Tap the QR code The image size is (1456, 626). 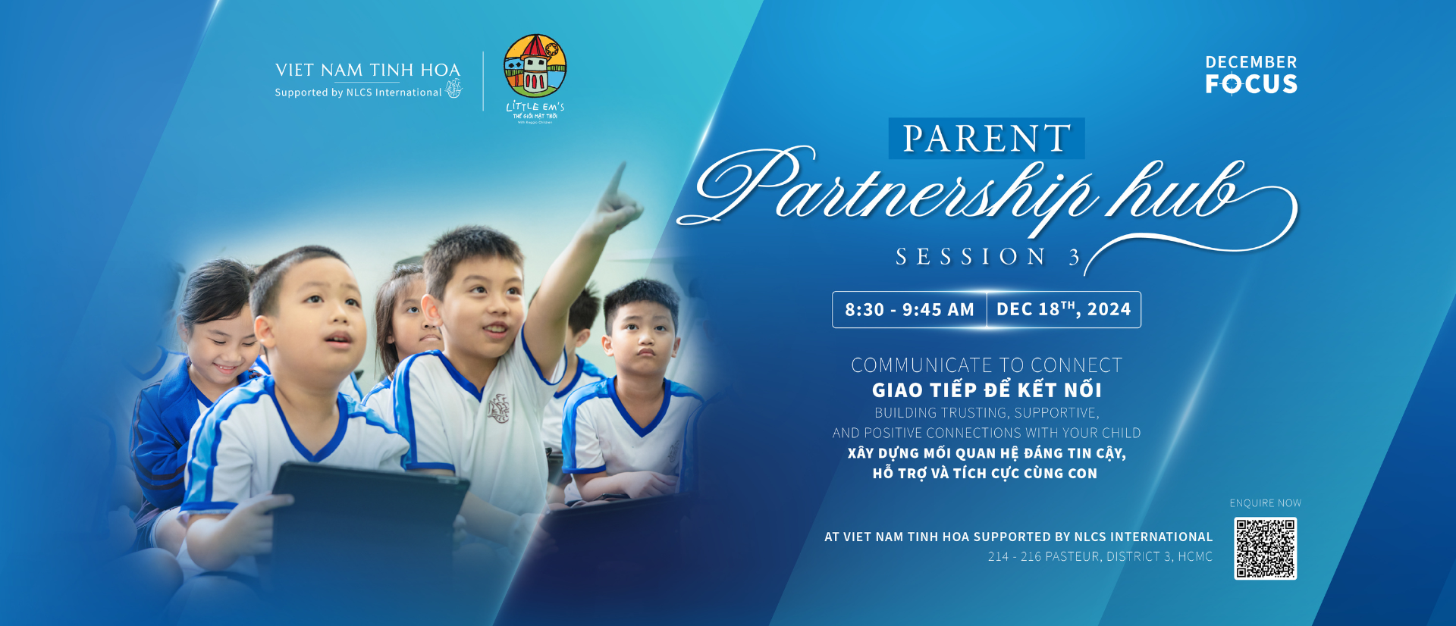(x=1265, y=549)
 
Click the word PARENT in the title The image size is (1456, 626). (x=987, y=139)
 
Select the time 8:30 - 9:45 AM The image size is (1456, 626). (x=909, y=310)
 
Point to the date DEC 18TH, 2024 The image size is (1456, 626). (x=1063, y=309)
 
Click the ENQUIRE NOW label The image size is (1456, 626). (x=1265, y=503)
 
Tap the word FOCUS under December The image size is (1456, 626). (x=1251, y=84)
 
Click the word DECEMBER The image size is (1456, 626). (x=1251, y=62)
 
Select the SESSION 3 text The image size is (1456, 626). (x=987, y=257)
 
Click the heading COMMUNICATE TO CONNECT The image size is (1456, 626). (x=987, y=365)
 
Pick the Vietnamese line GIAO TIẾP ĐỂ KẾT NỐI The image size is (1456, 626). (x=987, y=390)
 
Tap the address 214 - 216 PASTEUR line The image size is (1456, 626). (x=1100, y=556)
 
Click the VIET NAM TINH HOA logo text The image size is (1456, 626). (x=368, y=70)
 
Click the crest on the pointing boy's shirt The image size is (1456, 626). (x=498, y=408)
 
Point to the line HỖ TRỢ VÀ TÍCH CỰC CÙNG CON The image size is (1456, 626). (x=985, y=474)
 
